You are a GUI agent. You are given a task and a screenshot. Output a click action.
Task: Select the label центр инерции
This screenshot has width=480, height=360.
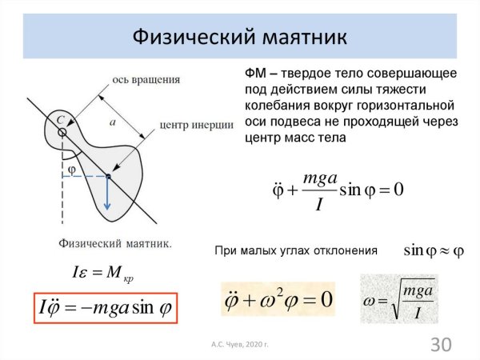[x=196, y=125]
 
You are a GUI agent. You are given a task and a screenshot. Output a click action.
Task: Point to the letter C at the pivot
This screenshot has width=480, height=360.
[x=59, y=118]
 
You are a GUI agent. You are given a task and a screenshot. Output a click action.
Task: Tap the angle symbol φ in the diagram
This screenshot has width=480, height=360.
[x=72, y=170]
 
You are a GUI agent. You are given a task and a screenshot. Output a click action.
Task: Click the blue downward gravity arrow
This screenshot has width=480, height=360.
[x=108, y=196]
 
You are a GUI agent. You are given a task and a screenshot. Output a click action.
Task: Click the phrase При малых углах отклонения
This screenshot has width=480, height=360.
[x=296, y=250]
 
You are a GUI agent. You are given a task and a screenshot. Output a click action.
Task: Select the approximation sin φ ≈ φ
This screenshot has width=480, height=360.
[x=434, y=250]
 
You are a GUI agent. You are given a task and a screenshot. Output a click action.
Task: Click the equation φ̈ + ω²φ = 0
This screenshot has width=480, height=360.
[x=277, y=300]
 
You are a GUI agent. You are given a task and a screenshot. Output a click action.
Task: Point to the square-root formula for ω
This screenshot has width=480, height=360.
[x=399, y=298]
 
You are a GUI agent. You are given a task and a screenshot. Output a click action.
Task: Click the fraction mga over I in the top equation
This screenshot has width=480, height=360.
[x=319, y=190]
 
